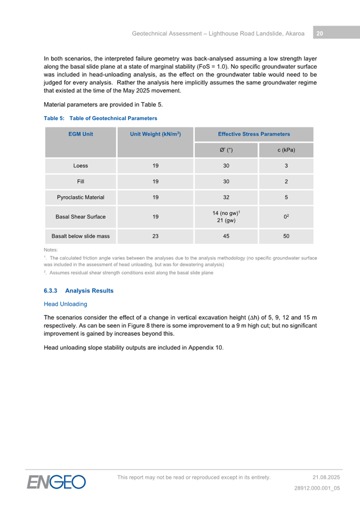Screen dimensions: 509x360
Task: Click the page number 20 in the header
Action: point(319,34)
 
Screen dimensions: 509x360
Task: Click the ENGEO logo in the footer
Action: point(57,482)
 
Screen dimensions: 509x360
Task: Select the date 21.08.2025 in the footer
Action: point(326,477)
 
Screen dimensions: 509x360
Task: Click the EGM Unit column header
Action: point(81,134)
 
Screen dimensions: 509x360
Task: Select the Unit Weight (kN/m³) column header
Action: point(155,134)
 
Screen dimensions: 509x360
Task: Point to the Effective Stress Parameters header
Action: point(254,134)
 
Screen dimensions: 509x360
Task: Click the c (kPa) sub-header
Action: point(286,150)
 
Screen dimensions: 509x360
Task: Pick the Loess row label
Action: point(81,166)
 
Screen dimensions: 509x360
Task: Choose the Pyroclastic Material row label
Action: point(81,197)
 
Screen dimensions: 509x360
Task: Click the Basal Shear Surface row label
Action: point(81,217)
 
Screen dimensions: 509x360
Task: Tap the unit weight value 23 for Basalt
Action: point(155,236)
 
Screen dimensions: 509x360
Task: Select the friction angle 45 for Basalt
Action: point(226,236)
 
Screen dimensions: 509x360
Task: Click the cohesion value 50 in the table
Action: point(286,236)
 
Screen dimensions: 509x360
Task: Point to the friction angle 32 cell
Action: point(226,197)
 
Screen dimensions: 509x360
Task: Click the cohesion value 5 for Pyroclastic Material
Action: point(286,197)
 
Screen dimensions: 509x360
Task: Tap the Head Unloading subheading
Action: point(65,304)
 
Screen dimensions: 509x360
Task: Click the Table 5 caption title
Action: point(100,118)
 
